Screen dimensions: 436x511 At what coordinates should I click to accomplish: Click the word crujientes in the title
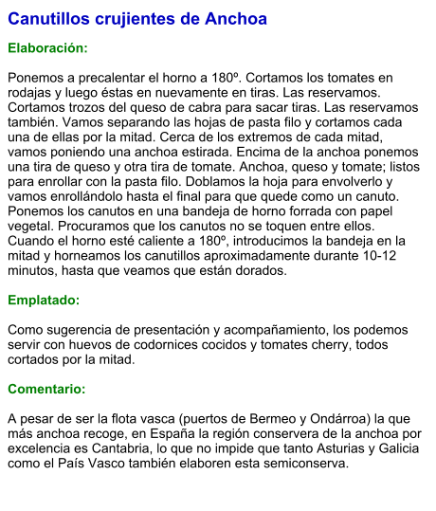point(123,19)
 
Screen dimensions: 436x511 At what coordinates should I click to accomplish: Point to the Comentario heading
point(46,389)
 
